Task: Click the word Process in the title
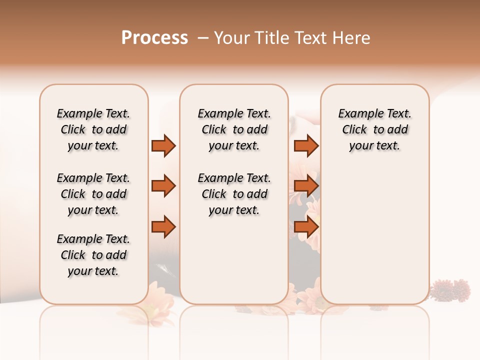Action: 154,38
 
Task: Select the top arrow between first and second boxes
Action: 163,145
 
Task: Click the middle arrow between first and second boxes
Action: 163,186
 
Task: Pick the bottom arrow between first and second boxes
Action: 163,226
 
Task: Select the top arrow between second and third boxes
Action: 306,145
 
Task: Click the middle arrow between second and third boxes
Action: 306,186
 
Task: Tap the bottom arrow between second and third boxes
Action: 306,226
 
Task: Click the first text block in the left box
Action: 93,129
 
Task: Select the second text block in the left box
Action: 93,194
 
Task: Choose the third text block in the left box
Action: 93,255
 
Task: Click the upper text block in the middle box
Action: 234,129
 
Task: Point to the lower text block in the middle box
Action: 234,194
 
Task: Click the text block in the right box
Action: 374,129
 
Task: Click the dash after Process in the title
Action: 203,38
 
